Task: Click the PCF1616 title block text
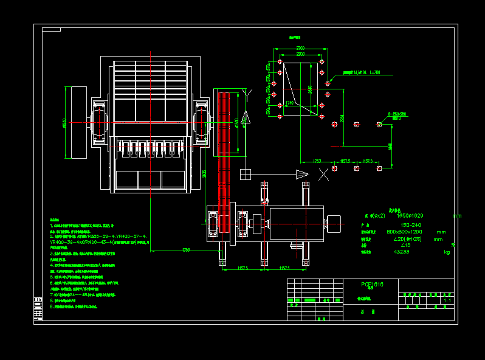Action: pyautogui.click(x=372, y=284)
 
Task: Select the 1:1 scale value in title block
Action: pyautogui.click(x=448, y=300)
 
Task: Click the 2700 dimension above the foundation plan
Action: pyautogui.click(x=300, y=48)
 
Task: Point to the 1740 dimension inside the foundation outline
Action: pyautogui.click(x=289, y=103)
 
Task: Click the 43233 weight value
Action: pyautogui.click(x=402, y=251)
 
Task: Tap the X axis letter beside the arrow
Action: pyautogui.click(x=325, y=175)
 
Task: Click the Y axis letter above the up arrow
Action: pyautogui.click(x=246, y=92)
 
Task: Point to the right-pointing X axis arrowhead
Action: pyautogui.click(x=302, y=175)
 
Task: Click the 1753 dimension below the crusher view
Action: pyautogui.click(x=185, y=249)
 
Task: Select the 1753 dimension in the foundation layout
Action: pyautogui.click(x=317, y=161)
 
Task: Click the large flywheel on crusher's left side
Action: pyautogui.click(x=76, y=122)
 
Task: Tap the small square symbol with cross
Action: pyautogui.click(x=246, y=175)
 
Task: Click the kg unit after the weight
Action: pyautogui.click(x=447, y=251)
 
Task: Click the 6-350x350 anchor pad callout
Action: pyautogui.click(x=398, y=114)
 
